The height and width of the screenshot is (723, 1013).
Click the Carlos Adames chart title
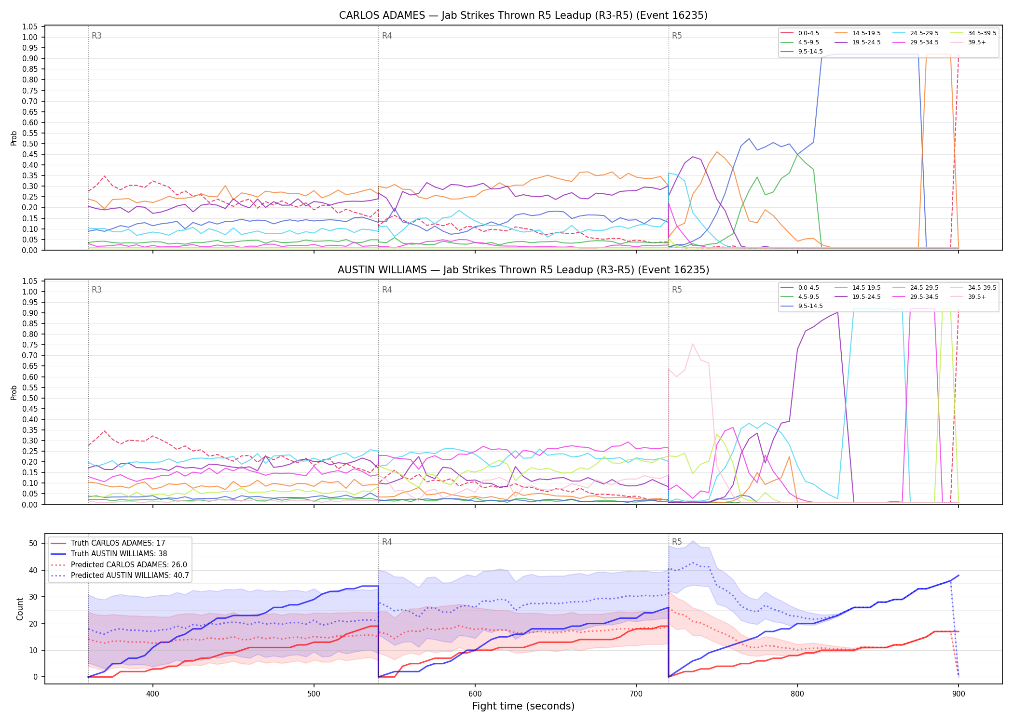point(523,15)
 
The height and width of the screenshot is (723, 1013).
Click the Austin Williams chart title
point(523,270)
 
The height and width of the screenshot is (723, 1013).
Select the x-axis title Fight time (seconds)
point(523,706)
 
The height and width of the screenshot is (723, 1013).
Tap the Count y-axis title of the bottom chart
point(20,609)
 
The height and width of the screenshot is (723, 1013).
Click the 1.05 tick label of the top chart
point(30,27)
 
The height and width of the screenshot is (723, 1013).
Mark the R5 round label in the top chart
point(677,36)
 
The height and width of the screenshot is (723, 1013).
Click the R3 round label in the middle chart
point(96,290)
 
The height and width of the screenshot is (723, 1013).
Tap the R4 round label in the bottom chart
point(387,542)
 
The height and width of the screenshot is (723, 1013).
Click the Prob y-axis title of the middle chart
point(14,392)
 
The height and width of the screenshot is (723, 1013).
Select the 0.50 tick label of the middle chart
point(30,398)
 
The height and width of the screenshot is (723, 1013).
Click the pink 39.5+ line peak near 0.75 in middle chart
point(693,344)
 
